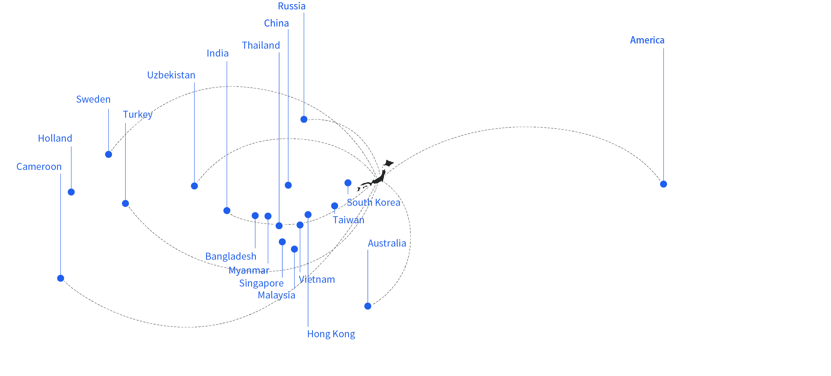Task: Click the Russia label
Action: (x=292, y=6)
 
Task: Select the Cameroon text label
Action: (x=39, y=167)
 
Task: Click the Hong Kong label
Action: (x=331, y=334)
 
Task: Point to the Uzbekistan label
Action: (x=171, y=75)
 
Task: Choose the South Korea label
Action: (x=373, y=203)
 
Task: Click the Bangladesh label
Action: (x=231, y=256)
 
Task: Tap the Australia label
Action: (x=387, y=243)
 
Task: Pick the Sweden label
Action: (x=93, y=99)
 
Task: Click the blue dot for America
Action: (x=663, y=184)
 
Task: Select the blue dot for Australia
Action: (x=368, y=306)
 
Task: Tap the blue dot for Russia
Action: (x=304, y=120)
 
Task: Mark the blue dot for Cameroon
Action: (x=61, y=278)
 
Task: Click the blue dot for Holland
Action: (x=71, y=192)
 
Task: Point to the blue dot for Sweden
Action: (x=109, y=154)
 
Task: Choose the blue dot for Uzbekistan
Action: (x=194, y=186)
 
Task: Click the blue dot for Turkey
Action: (x=125, y=203)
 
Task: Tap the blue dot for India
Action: (x=227, y=211)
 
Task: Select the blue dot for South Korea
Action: (x=348, y=183)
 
